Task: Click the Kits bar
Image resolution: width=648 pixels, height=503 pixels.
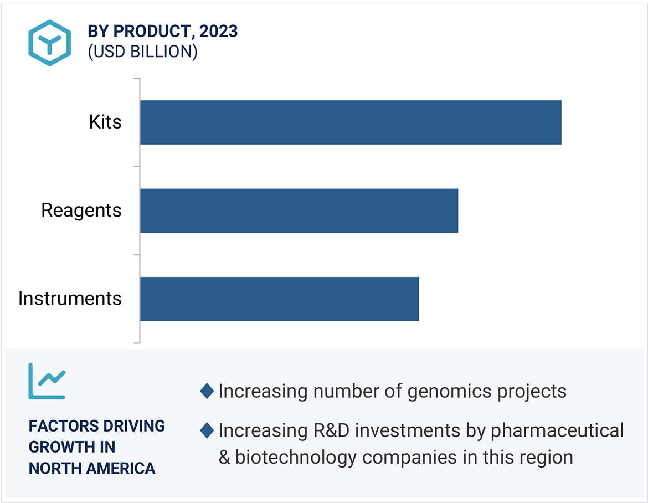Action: (350, 122)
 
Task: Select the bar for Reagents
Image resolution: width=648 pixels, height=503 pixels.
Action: (299, 211)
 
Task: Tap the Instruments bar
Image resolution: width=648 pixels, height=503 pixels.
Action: (279, 299)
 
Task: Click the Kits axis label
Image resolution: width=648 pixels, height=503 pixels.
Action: (105, 122)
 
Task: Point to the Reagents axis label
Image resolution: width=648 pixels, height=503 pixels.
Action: (81, 211)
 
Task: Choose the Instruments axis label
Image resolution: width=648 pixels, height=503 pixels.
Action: (70, 299)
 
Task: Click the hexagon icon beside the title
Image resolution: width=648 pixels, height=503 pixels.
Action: (50, 43)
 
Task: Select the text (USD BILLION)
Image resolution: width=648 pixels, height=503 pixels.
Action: (142, 52)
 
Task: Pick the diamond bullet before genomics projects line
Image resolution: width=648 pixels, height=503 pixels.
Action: (207, 391)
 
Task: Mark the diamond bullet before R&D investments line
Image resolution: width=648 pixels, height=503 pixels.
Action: (207, 430)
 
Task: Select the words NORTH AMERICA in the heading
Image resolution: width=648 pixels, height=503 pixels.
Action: (92, 469)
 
